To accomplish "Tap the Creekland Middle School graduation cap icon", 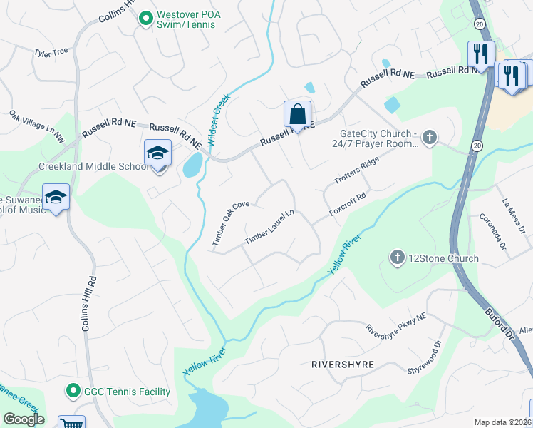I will [158, 153].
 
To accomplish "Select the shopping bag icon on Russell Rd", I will [297, 114].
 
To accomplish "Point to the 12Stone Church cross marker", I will [398, 256].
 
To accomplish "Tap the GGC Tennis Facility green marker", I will [72, 391].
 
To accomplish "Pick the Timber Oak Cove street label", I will [231, 224].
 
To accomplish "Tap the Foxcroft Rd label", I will [348, 205].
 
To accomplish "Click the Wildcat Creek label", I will [220, 124].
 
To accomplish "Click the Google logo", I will [23, 419].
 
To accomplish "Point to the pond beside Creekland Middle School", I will [192, 165].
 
